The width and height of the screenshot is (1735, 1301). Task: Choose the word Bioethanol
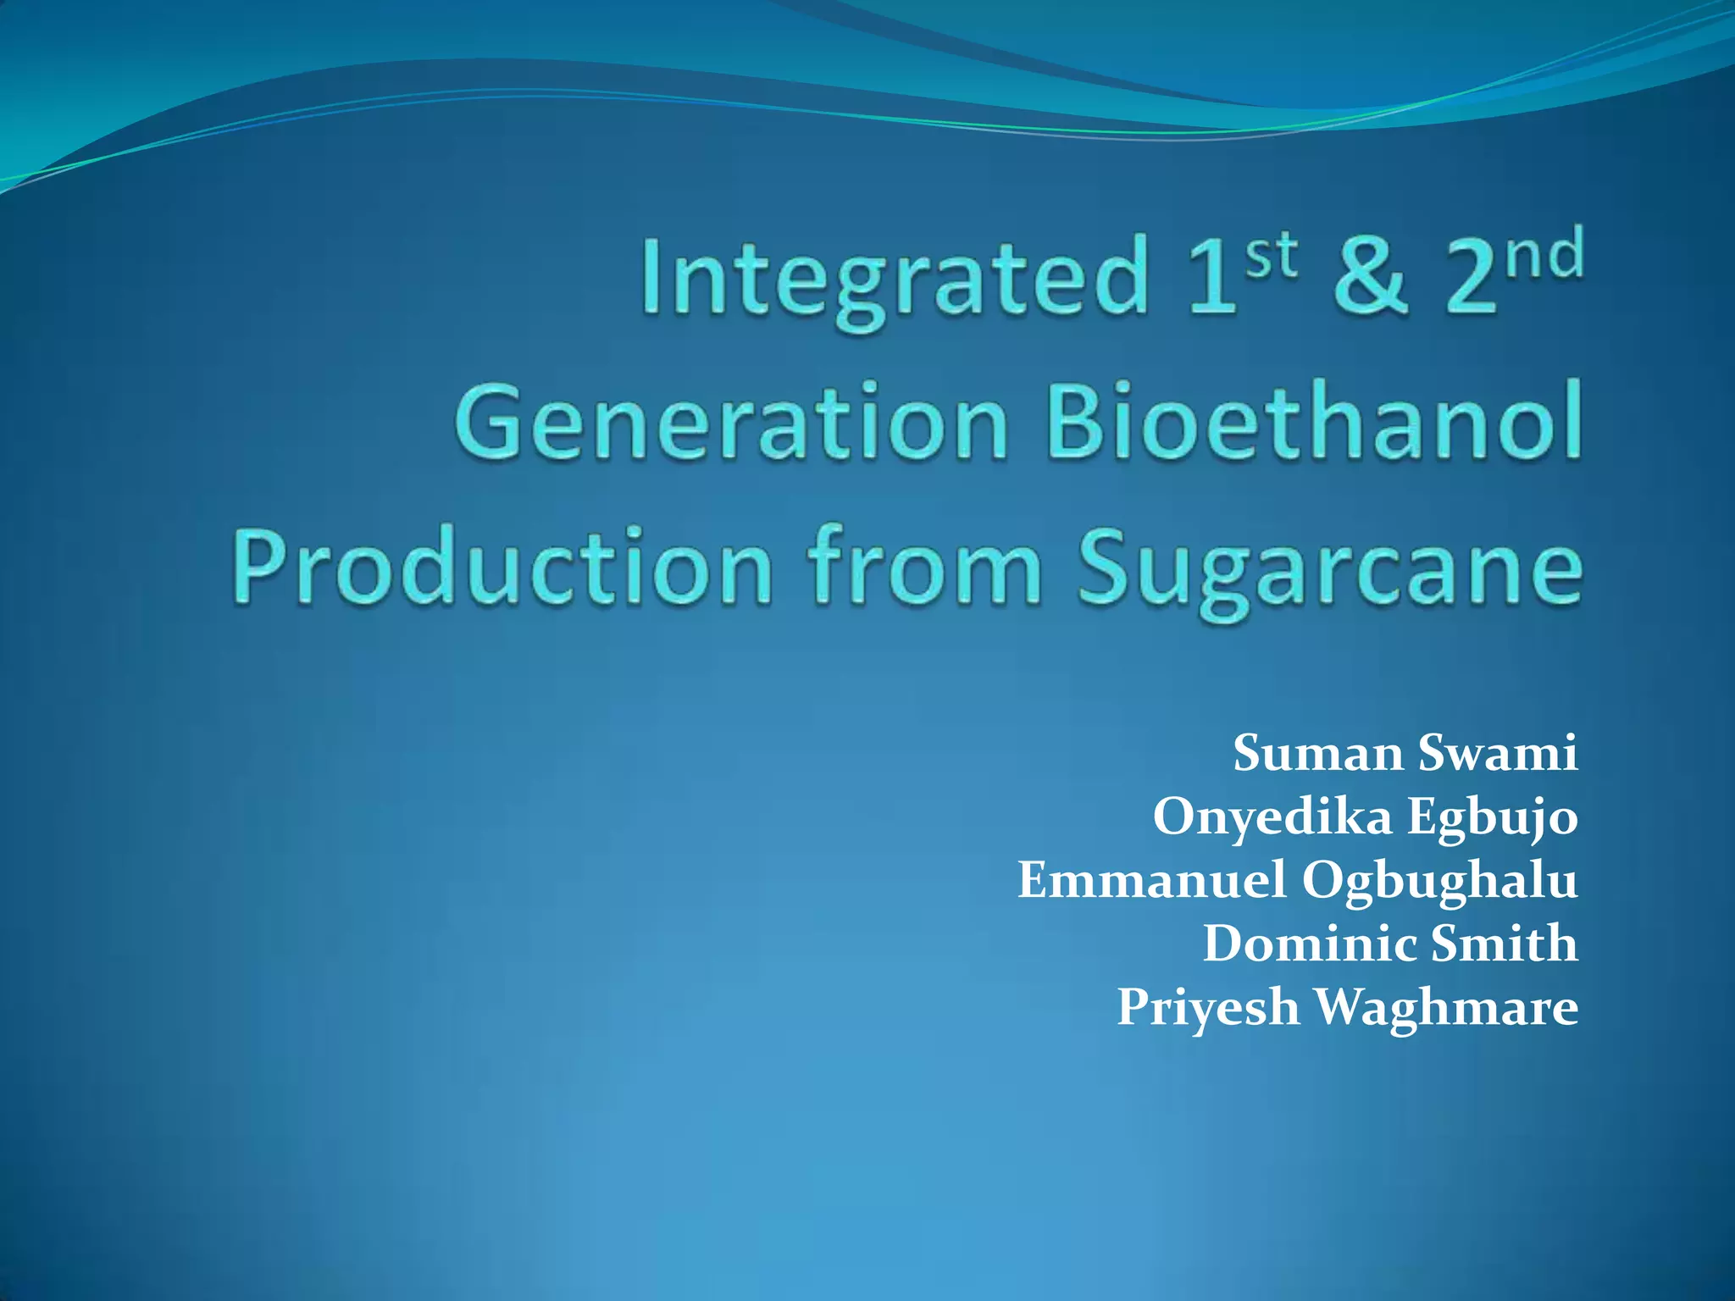pyautogui.click(x=1314, y=421)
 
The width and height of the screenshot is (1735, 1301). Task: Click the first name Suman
pyautogui.click(x=1317, y=752)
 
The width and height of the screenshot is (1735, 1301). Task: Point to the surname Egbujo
pyautogui.click(x=1493, y=817)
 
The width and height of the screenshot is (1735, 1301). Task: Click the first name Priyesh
pyautogui.click(x=1208, y=1008)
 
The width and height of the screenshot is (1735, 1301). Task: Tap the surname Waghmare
pyautogui.click(x=1447, y=1008)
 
